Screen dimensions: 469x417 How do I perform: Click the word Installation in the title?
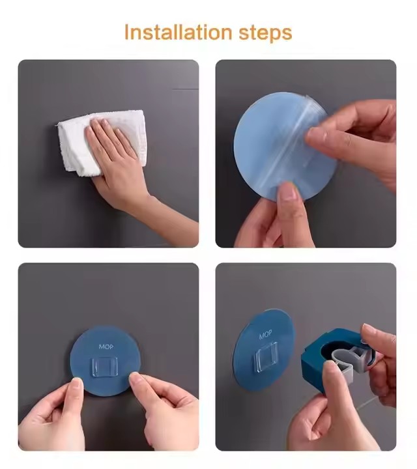[x=178, y=32]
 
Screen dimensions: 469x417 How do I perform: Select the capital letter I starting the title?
[x=126, y=32]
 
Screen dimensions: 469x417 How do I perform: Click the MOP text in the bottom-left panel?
[x=106, y=347]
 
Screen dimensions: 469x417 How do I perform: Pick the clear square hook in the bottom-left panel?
[x=106, y=369]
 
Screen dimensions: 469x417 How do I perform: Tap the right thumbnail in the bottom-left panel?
[x=136, y=378]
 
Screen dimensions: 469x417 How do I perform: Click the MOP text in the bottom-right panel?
[x=266, y=335]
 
